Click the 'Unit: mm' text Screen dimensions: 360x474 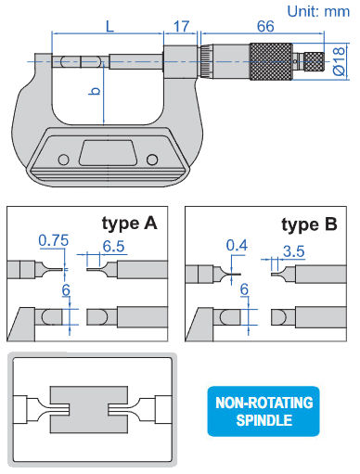pos(318,12)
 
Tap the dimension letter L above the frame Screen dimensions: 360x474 pos(109,26)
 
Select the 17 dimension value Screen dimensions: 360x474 pos(181,26)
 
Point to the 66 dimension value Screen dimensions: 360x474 pos(265,26)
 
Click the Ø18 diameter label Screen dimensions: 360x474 pos(339,61)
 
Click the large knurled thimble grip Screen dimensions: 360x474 pos(271,61)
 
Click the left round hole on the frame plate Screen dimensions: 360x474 pos(64,160)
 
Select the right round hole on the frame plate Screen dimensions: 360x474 pos(152,160)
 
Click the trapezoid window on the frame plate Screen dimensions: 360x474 pos(108,153)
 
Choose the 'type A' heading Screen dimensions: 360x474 pos(130,224)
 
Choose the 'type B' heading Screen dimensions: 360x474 pos(309,224)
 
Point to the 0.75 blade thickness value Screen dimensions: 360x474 pos(54,240)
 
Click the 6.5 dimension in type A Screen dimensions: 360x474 pos(113,247)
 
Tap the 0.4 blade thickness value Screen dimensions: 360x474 pos(237,246)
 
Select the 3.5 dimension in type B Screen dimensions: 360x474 pos(294,251)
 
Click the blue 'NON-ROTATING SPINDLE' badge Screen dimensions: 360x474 pos(264,411)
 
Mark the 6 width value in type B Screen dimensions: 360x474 pos(244,289)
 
